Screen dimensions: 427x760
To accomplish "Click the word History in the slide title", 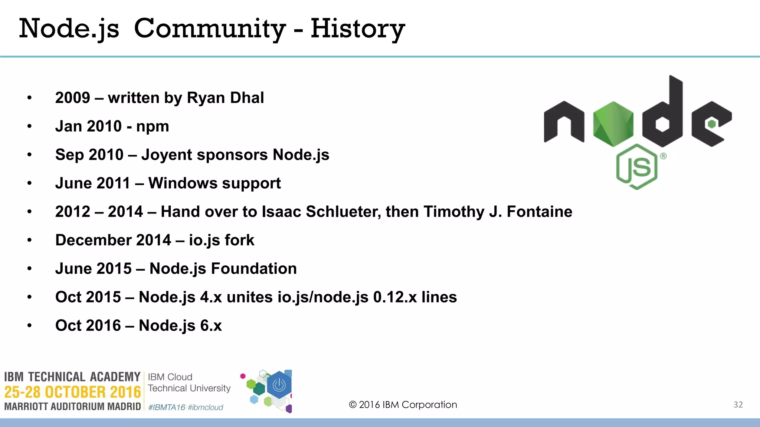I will pyautogui.click(x=357, y=29).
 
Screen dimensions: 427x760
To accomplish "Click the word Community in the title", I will pyautogui.click(x=210, y=29).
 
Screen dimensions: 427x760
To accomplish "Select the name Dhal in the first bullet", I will pyautogui.click(x=247, y=98).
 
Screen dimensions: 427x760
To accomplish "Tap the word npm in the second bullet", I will pyautogui.click(x=153, y=127).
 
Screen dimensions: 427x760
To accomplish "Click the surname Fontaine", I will pyautogui.click(x=539, y=212).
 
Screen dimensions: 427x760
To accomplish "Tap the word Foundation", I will pyautogui.click(x=254, y=269).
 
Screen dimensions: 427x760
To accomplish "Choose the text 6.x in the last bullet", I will pyautogui.click(x=211, y=326).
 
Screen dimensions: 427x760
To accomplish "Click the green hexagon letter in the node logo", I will pyautogui.click(x=613, y=124).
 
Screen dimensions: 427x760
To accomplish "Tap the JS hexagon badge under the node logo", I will pyautogui.click(x=637, y=167).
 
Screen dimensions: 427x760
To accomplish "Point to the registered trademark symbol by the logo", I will pyautogui.click(x=663, y=156).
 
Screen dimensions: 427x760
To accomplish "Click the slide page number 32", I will pyautogui.click(x=738, y=405).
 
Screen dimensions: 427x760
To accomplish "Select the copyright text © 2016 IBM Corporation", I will pyautogui.click(x=403, y=405).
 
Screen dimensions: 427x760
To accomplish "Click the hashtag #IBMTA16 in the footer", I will pyautogui.click(x=167, y=407).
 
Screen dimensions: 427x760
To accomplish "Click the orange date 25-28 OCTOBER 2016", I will pyautogui.click(x=72, y=392).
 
